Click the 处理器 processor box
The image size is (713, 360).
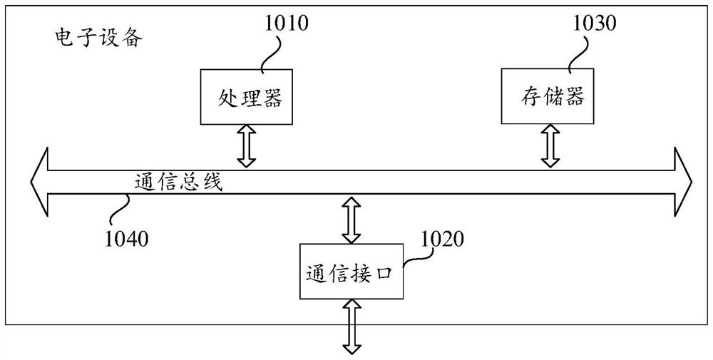(x=246, y=97)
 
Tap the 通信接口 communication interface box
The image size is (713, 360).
(x=351, y=272)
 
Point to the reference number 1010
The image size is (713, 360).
(x=287, y=24)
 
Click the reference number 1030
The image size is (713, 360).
(x=595, y=24)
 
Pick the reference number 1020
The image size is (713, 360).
(x=443, y=239)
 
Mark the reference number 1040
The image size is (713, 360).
(x=126, y=239)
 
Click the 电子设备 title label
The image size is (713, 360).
(x=98, y=38)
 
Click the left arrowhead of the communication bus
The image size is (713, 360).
(x=39, y=182)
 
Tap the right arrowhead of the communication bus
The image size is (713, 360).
(x=684, y=182)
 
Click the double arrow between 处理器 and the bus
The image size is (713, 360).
(x=247, y=146)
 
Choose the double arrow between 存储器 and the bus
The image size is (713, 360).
(x=550, y=145)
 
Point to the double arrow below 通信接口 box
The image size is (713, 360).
(x=352, y=326)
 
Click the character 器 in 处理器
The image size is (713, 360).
(x=272, y=97)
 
